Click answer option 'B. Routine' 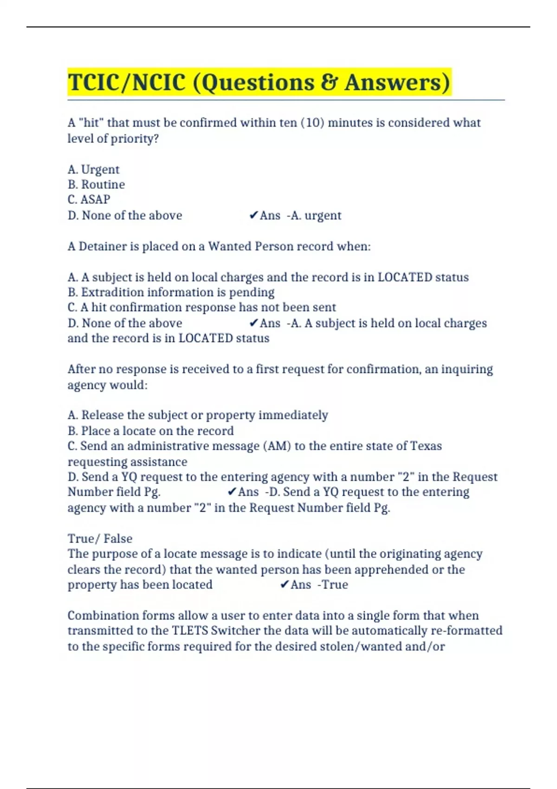point(96,184)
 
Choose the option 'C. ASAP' point(89,200)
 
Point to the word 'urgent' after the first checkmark point(323,215)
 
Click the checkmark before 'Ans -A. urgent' point(253,215)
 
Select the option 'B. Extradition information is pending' point(171,292)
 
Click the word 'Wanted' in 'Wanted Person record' point(226,246)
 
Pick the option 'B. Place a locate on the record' point(150,431)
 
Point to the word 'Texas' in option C point(426,446)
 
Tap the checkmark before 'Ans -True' point(285,585)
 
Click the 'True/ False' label point(100,538)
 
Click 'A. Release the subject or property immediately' point(198,415)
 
